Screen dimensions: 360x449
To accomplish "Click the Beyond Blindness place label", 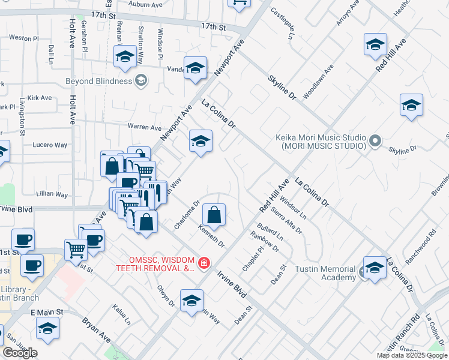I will point(98,81).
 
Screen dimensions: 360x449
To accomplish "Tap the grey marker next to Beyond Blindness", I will point(141,80).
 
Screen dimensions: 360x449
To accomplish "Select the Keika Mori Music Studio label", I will point(321,141).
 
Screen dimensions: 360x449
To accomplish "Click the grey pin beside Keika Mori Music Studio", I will point(375,141).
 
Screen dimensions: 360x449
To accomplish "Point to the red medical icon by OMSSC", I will point(204,263).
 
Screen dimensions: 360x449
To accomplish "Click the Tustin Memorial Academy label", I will point(326,273).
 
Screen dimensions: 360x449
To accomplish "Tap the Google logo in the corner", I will point(20,353).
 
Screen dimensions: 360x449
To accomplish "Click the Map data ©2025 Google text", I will point(412,355).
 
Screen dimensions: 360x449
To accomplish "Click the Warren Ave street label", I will point(144,127).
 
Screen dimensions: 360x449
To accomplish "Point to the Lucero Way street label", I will point(50,145).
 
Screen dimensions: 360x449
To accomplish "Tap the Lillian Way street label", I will point(52,194).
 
